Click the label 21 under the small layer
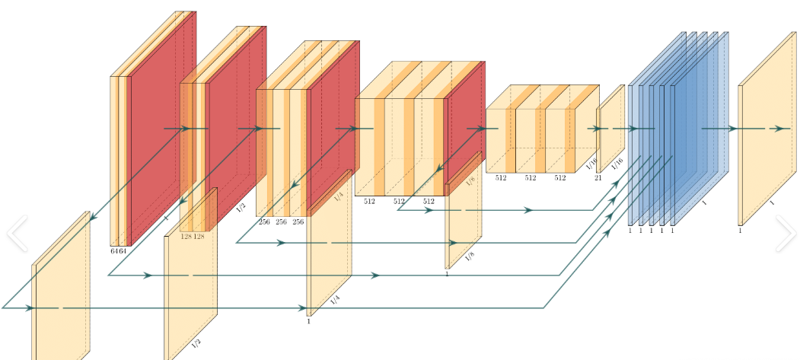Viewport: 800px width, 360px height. (x=598, y=178)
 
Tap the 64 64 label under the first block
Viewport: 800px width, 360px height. (x=118, y=250)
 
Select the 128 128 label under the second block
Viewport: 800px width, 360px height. (x=192, y=237)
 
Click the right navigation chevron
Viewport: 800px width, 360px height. (x=786, y=233)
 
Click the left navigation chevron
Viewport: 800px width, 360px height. (x=17, y=234)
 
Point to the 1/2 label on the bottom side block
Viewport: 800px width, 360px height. (x=196, y=343)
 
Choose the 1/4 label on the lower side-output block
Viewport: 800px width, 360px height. (x=335, y=301)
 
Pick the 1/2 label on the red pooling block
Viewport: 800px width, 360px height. (x=241, y=207)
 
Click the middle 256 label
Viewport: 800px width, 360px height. (x=281, y=221)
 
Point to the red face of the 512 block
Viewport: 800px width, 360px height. (x=464, y=122)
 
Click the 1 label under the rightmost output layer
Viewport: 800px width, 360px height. (x=740, y=230)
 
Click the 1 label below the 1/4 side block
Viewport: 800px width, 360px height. (x=308, y=322)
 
